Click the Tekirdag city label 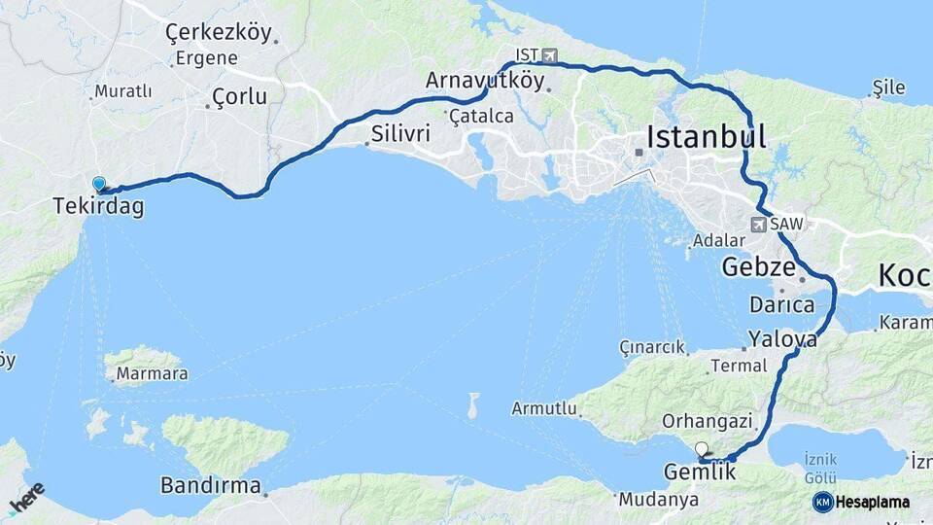99,206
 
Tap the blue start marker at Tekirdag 98,183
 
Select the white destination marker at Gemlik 702,449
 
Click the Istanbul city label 707,136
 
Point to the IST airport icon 552,54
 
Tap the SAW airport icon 759,225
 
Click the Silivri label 400,134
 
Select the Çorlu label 238,98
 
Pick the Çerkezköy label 219,33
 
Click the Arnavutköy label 485,81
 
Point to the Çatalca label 481,116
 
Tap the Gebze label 759,266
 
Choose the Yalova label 782,339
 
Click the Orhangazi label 708,421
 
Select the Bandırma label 211,485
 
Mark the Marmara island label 152,374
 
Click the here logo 26,498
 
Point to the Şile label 889,87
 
